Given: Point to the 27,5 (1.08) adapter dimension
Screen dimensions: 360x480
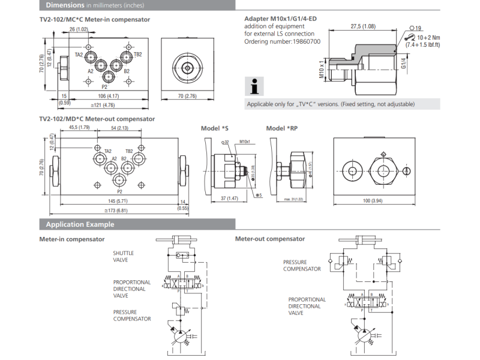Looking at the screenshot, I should pos(363,26).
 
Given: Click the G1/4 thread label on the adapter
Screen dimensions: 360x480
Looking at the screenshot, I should pos(404,62).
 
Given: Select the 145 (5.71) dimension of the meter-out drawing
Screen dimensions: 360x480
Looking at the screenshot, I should pos(113,201).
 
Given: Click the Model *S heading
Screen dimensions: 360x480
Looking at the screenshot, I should pos(217,128).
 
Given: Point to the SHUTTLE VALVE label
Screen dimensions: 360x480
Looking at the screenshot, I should pos(124,256).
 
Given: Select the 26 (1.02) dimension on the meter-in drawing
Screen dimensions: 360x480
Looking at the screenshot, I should pos(79,29).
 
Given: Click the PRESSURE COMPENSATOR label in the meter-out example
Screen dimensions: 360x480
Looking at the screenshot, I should pos(302,265).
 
